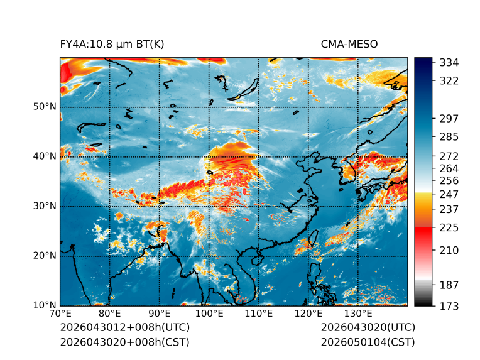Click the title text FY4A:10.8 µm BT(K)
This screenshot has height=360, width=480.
click(x=112, y=45)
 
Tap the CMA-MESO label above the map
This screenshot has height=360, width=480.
click(x=349, y=45)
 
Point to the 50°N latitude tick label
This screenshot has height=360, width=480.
click(x=45, y=107)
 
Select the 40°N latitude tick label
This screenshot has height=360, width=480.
click(x=45, y=156)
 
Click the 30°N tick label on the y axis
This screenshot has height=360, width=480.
click(x=45, y=205)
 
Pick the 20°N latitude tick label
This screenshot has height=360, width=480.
click(x=45, y=255)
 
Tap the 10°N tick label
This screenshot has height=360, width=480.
click(x=45, y=305)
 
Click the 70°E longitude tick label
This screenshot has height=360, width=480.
click(x=60, y=314)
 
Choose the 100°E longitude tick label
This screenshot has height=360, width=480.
click(x=209, y=314)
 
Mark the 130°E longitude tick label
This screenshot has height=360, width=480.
click(x=358, y=314)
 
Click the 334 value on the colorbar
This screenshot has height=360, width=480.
click(x=449, y=63)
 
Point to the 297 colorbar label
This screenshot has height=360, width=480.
click(x=449, y=119)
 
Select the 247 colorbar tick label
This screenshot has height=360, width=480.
click(x=449, y=194)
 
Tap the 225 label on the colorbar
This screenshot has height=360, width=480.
click(x=449, y=228)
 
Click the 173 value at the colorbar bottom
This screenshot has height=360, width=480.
click(x=449, y=306)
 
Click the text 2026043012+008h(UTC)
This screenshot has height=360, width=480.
click(x=125, y=327)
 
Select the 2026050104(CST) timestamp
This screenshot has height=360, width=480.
click(x=368, y=342)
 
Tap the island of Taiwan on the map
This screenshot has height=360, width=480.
click(x=314, y=238)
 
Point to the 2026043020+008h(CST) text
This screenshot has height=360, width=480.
click(x=125, y=342)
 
